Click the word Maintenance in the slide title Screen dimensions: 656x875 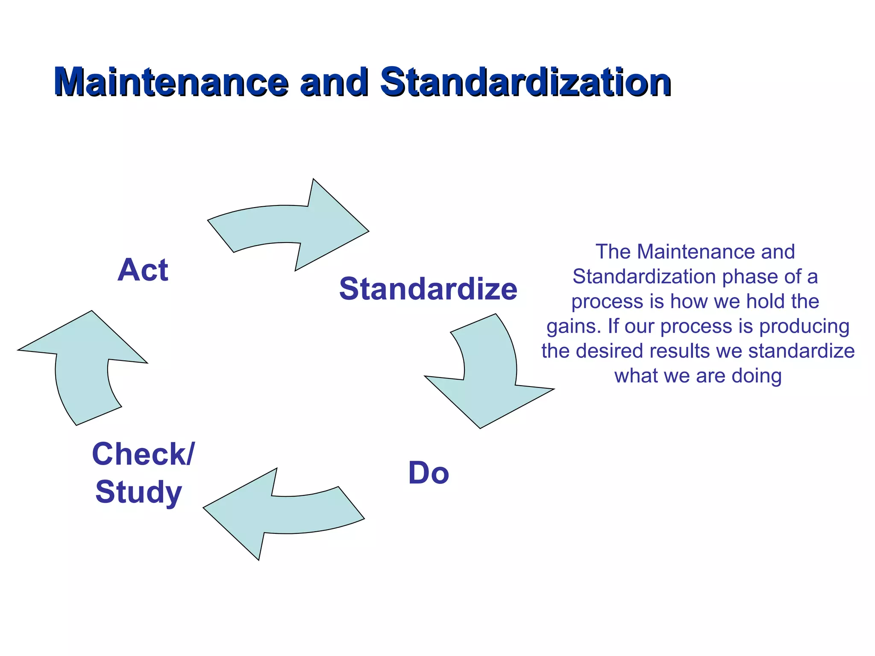click(x=171, y=82)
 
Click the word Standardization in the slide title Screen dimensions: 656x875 click(x=526, y=82)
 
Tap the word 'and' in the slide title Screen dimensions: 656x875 click(x=334, y=82)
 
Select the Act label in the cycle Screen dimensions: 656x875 click(x=143, y=270)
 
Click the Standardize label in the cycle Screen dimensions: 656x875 click(x=428, y=289)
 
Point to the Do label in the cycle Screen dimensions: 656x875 click(x=429, y=473)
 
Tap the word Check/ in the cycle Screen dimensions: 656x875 click(x=143, y=454)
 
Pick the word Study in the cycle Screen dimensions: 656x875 click(x=139, y=492)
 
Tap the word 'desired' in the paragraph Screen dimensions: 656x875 click(x=609, y=351)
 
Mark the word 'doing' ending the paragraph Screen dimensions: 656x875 click(x=757, y=376)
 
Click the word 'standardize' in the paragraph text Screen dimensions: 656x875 click(x=802, y=351)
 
